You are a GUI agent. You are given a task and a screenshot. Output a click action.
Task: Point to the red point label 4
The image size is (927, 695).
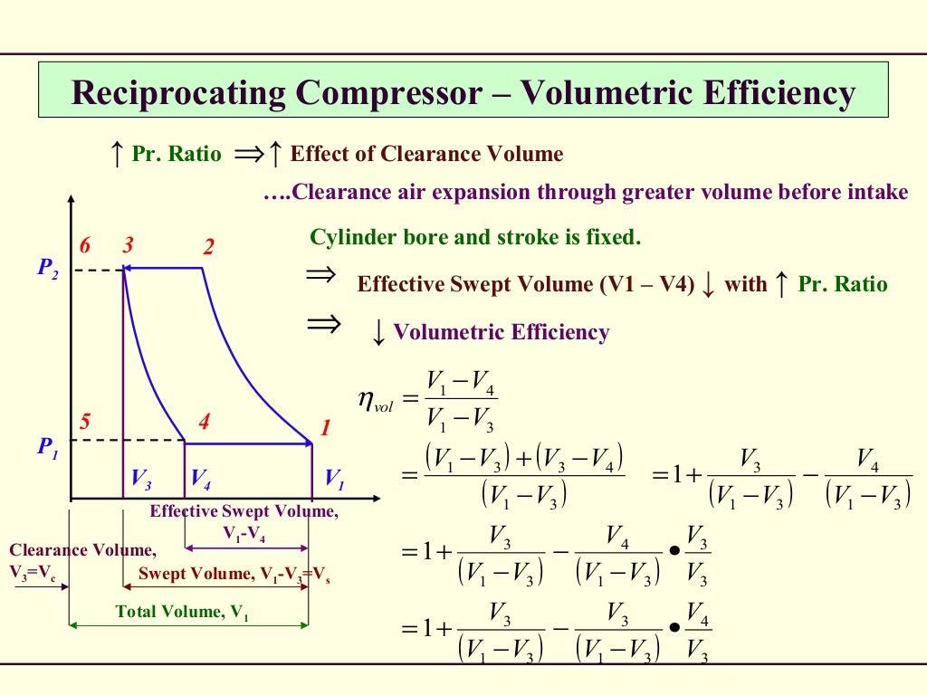[x=205, y=421]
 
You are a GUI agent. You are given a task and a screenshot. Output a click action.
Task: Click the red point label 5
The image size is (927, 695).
[x=84, y=421]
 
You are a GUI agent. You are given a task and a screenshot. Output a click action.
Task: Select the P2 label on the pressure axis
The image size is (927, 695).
[x=47, y=270]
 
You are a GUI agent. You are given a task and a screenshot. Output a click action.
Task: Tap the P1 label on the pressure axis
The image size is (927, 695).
[x=47, y=445]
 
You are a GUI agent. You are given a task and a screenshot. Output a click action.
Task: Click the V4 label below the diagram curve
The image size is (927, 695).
[x=201, y=478]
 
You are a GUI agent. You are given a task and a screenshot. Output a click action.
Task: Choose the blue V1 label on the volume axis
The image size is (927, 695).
[x=334, y=478]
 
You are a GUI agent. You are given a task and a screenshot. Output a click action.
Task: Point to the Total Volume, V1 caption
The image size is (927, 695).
[x=182, y=612]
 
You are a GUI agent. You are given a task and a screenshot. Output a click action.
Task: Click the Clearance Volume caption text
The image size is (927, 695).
[x=81, y=549]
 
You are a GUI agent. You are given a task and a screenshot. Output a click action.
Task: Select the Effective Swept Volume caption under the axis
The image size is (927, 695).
[x=244, y=511]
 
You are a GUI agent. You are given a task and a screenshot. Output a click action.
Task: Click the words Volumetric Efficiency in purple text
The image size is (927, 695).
[x=502, y=332]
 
